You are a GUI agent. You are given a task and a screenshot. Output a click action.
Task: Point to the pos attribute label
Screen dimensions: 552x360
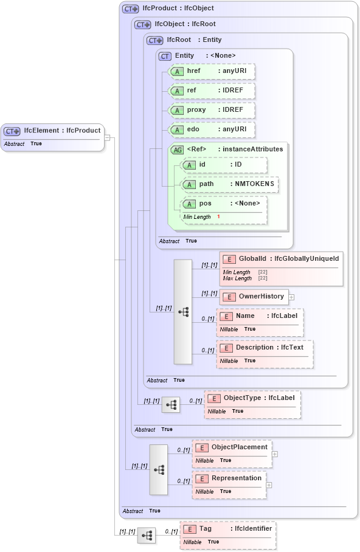(206, 204)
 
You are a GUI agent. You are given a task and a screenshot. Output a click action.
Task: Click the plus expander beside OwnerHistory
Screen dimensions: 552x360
(292, 297)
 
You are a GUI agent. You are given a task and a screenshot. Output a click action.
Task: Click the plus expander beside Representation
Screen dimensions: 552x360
(269, 485)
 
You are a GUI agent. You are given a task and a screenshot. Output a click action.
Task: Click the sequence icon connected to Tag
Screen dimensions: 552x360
(147, 536)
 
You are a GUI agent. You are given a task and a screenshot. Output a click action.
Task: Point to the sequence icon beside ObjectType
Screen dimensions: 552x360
(171, 404)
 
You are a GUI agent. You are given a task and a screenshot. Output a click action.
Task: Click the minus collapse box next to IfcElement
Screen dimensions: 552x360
(107, 137)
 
